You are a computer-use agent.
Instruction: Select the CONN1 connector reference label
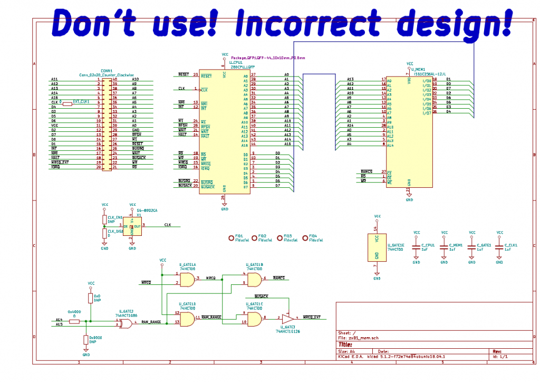(x=107, y=70)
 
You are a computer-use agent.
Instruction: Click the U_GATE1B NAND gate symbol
(x=254, y=280)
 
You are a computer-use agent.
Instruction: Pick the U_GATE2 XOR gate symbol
(x=126, y=323)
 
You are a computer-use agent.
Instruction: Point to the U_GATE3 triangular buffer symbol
(x=288, y=318)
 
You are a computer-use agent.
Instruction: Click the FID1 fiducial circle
(x=231, y=238)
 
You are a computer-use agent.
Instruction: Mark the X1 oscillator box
(x=132, y=226)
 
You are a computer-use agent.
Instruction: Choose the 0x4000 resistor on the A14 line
(x=74, y=321)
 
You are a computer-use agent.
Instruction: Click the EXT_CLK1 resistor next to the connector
(x=67, y=104)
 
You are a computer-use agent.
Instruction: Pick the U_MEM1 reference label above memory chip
(x=417, y=69)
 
